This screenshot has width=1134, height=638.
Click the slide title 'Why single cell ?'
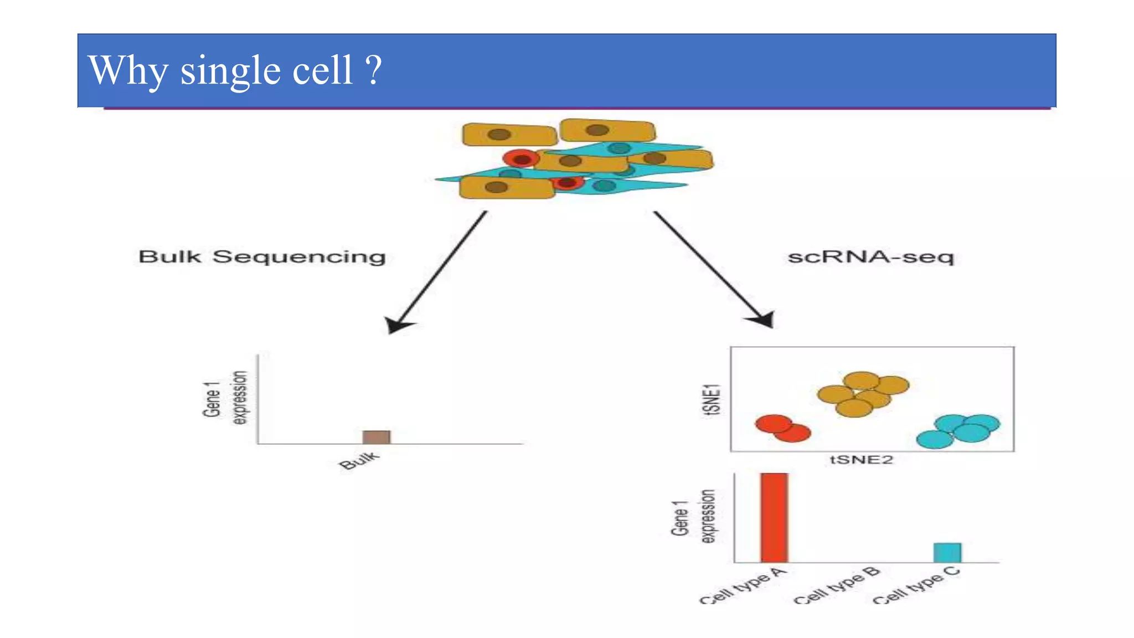[235, 70]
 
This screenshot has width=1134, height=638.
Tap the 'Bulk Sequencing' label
[262, 257]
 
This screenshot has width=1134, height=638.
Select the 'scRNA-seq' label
[871, 257]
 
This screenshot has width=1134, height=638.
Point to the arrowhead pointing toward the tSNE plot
[763, 320]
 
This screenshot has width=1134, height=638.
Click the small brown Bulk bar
[377, 437]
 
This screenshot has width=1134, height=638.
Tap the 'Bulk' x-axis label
[359, 460]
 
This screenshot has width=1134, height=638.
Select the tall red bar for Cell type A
[774, 517]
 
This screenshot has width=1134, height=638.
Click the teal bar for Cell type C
[947, 553]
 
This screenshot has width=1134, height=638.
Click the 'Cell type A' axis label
[743, 586]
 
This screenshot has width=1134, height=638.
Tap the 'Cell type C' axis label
[916, 586]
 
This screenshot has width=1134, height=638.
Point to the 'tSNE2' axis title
[861, 460]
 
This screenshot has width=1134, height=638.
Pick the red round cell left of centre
[521, 159]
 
